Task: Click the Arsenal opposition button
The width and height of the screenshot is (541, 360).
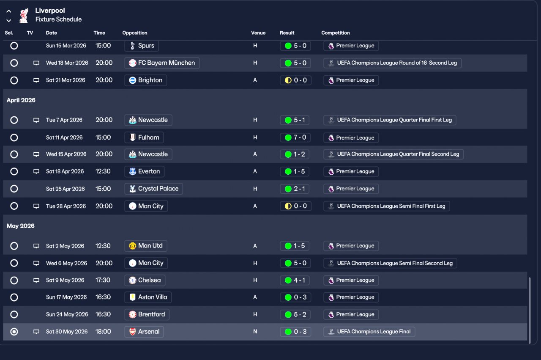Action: (144, 332)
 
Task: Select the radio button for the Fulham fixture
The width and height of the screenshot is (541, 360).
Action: (14, 137)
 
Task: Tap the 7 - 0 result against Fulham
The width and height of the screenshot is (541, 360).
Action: (295, 137)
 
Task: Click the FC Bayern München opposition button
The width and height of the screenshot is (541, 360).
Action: (162, 63)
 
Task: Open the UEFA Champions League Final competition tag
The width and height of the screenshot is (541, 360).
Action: (369, 332)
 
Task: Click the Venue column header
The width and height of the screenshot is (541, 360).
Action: (258, 33)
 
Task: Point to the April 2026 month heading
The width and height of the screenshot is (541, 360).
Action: (21, 100)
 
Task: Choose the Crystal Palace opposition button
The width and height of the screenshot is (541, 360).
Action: (153, 189)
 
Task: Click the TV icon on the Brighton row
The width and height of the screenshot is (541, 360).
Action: (36, 80)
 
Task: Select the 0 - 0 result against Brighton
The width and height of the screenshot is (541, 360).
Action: (295, 80)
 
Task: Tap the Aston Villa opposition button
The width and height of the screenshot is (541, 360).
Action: (148, 297)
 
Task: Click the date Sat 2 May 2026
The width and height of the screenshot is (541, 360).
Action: (65, 246)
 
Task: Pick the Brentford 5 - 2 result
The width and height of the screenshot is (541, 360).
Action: (295, 314)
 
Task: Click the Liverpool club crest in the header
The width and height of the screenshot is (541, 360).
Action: (24, 15)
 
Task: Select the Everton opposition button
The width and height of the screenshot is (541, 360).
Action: (144, 171)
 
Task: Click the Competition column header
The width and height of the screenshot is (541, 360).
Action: (336, 33)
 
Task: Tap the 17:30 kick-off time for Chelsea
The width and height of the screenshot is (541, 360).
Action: (103, 280)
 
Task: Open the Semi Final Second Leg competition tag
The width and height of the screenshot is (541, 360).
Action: (390, 263)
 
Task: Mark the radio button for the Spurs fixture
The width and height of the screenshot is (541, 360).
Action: (14, 46)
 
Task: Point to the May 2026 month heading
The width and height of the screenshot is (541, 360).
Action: (21, 226)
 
